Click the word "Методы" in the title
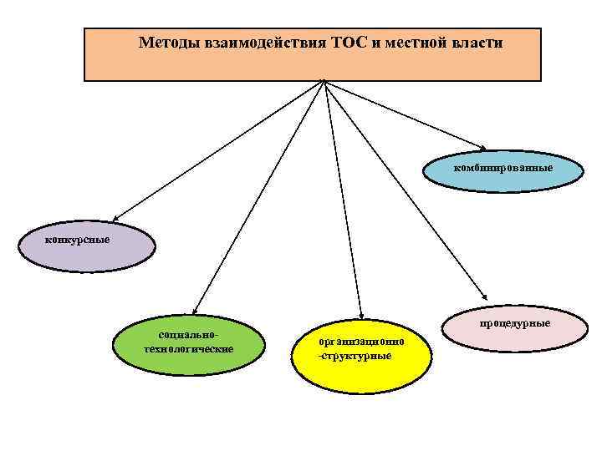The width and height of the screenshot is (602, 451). [x=167, y=42]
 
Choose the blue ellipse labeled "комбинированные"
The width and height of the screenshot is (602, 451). [x=503, y=168]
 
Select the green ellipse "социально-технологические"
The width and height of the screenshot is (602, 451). [x=188, y=342]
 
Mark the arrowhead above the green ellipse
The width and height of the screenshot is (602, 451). [x=197, y=309]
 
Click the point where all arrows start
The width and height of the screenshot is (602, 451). [x=324, y=82]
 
